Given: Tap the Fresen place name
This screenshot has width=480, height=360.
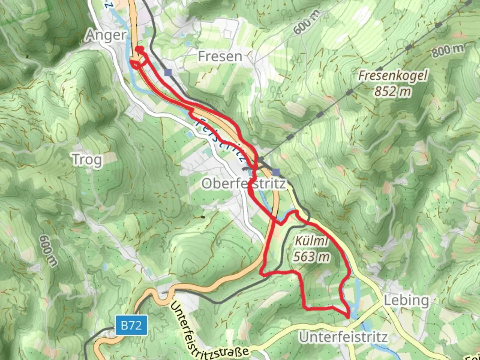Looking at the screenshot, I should pos(220,57).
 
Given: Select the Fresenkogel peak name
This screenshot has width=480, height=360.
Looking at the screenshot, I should pos(393,76).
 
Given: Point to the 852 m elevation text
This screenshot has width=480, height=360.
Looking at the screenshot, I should pos(392,91).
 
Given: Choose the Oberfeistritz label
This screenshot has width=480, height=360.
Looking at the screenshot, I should pos(244,184).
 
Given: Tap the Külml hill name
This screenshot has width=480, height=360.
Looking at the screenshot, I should pos(311,241).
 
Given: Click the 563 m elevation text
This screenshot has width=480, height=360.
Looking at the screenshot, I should pos(312,257).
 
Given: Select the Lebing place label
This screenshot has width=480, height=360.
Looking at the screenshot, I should pos(406,300).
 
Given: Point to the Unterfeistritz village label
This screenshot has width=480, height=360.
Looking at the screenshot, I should pos(343,337).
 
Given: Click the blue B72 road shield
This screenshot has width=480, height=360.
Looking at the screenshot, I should pos(131,325).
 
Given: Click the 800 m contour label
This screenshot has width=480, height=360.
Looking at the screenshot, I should pos(448,50).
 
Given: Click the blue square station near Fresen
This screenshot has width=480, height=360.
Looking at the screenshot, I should pos(168,73).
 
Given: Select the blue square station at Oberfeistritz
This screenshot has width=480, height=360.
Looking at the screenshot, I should pos(276,172).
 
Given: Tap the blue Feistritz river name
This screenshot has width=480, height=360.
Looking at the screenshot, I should pos(220,138).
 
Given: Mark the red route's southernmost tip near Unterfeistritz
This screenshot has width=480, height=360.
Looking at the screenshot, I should pos(348,317).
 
